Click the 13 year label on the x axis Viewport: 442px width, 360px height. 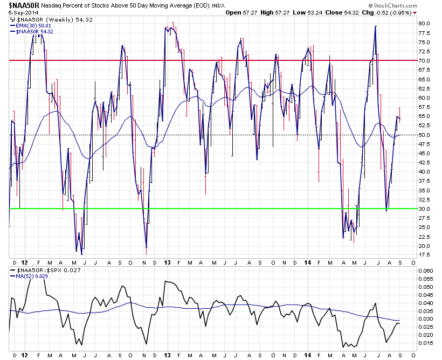168,263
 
